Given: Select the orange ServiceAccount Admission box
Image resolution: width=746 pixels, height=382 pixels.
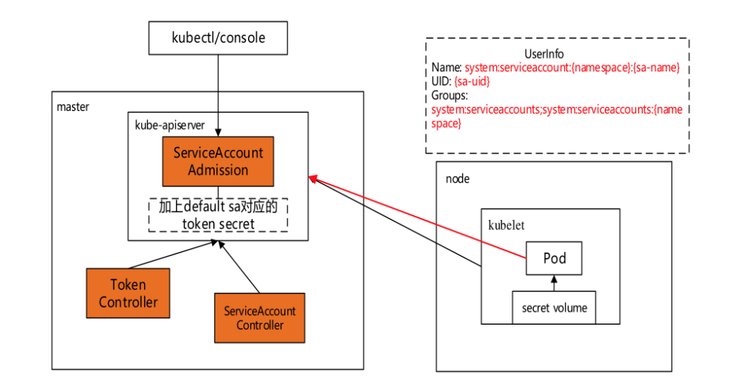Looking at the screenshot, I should (x=218, y=161).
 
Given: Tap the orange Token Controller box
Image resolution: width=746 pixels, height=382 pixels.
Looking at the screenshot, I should (x=128, y=293).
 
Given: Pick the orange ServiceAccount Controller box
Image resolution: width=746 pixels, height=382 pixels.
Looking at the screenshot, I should (x=260, y=318).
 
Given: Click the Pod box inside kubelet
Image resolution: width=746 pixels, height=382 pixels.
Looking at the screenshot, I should (x=555, y=258).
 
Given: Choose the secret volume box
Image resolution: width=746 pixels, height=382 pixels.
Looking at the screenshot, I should (x=555, y=308).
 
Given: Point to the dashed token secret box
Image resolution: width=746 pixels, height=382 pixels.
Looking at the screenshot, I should (x=218, y=215).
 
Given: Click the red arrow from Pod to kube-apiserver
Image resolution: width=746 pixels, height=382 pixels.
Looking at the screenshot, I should (x=417, y=216).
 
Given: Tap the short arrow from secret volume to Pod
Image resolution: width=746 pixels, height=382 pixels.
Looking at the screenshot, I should (x=555, y=284).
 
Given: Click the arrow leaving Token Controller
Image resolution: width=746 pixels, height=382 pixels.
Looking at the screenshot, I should (x=170, y=255).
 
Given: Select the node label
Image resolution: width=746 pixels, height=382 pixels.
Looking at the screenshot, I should (x=457, y=178).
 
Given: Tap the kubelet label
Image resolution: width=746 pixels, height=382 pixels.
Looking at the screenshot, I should (x=506, y=225).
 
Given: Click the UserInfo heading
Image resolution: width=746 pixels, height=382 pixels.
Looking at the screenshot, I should (x=544, y=54).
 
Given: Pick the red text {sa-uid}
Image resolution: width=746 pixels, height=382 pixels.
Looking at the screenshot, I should (x=473, y=81).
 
